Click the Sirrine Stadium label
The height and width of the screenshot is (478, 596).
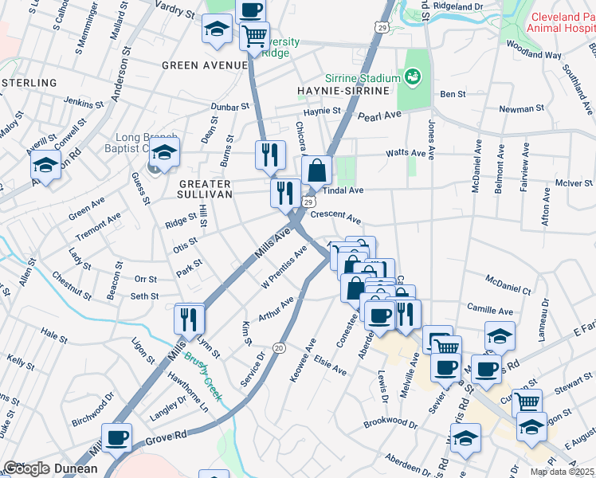pos(362,79)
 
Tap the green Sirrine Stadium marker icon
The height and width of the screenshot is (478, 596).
pos(413,77)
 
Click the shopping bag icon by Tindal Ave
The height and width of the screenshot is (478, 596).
pos(317,170)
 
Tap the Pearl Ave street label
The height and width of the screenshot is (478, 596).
pos(379,116)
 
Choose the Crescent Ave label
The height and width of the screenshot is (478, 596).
pos(335,216)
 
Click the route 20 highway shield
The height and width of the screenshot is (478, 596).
pos(279,348)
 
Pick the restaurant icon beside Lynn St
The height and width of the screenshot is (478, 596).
pos(190,319)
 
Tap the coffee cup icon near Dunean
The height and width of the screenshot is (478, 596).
pos(117,437)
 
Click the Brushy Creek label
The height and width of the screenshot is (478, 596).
pos(205,375)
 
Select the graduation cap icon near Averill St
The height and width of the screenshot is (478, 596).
pos(45,166)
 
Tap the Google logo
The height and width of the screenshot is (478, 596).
pos(26,468)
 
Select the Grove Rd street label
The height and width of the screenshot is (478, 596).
pos(166,437)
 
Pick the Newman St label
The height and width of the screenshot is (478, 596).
pos(520,108)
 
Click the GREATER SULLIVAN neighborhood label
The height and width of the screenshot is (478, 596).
pos(200,189)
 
